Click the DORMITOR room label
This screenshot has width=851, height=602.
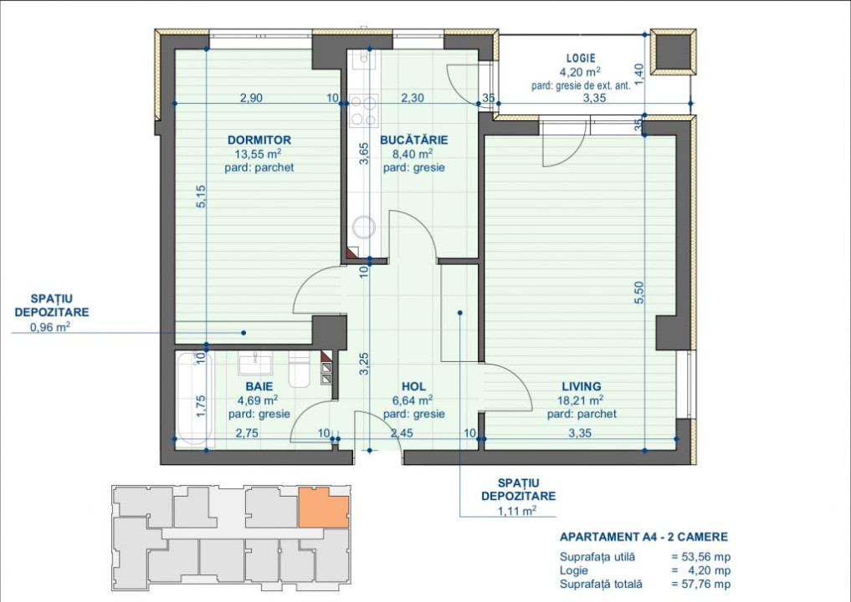(259, 140)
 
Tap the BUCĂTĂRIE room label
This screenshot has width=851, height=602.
(414, 140)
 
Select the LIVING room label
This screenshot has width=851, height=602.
(582, 386)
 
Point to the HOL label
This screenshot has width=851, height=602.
(413, 386)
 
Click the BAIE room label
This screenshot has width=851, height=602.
(259, 386)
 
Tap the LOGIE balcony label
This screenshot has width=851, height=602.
(581, 58)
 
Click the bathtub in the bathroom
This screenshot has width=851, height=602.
(193, 399)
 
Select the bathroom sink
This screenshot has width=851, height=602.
(255, 364)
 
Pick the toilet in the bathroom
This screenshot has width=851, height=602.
(299, 369)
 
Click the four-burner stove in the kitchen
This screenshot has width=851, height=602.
(364, 110)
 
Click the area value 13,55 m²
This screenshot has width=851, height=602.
(259, 154)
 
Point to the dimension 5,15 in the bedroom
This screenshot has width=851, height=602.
(202, 196)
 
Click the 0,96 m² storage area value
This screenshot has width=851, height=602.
(51, 326)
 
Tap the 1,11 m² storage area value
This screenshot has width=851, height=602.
(517, 510)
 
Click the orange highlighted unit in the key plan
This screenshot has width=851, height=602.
(324, 508)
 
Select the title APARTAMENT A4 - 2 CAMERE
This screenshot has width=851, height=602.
(643, 537)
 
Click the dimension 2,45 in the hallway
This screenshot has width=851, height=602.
(402, 433)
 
